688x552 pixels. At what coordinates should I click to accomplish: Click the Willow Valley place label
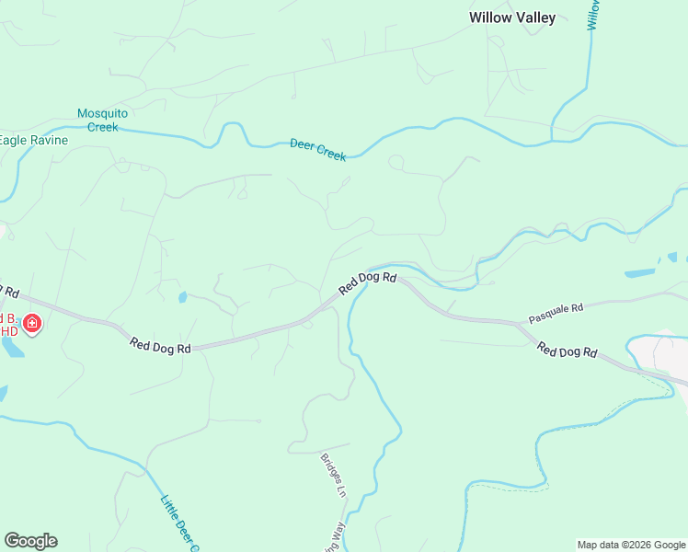click(x=512, y=17)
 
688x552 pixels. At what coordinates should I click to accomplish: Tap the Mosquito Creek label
click(x=102, y=121)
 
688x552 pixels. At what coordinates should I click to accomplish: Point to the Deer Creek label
click(x=317, y=150)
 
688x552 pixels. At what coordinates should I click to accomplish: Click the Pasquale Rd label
click(x=556, y=314)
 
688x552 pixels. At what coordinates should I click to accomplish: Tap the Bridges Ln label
click(x=332, y=475)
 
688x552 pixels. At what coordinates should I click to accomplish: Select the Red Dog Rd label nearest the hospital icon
click(x=160, y=346)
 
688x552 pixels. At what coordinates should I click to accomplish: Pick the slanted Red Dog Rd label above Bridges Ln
click(x=367, y=282)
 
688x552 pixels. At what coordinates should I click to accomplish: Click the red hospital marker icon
click(x=32, y=324)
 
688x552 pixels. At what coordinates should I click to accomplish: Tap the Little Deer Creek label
click(x=180, y=524)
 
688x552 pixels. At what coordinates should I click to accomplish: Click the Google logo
click(x=30, y=541)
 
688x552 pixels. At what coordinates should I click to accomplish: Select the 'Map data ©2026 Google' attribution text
click(x=631, y=545)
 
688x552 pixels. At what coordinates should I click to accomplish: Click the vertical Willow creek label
click(x=593, y=15)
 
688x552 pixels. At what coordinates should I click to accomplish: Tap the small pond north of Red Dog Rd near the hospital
click(x=182, y=297)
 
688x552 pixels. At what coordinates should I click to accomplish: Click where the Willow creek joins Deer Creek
click(x=552, y=140)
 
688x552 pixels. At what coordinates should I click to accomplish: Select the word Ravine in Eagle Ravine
click(x=45, y=141)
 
